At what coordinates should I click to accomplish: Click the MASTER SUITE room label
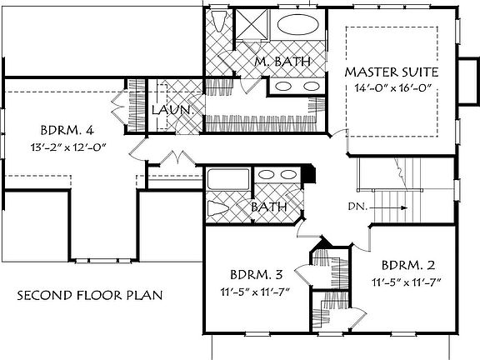tap(392, 72)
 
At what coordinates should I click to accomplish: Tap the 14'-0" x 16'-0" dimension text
tap(392, 87)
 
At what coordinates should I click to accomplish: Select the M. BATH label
tap(282, 62)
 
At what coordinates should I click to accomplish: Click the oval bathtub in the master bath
tap(297, 24)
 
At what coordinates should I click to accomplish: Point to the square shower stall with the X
tap(252, 24)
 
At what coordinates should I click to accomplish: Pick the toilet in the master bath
tap(219, 21)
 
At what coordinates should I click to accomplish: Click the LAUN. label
tap(173, 110)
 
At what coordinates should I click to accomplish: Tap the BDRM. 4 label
tap(67, 130)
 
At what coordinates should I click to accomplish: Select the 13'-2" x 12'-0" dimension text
tap(68, 147)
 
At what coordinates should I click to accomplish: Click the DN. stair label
tap(357, 207)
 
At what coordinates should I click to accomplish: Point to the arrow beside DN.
tap(389, 207)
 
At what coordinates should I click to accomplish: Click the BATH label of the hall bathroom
tap(269, 207)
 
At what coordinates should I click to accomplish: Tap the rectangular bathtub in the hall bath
tap(228, 179)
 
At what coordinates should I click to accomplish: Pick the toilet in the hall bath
tap(218, 209)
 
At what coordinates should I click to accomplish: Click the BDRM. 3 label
tap(256, 275)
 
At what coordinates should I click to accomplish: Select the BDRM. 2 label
tap(408, 265)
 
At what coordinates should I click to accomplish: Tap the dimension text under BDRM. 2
tap(407, 282)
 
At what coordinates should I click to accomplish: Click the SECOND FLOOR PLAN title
tap(90, 295)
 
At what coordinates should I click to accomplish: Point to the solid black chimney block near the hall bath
tap(309, 174)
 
